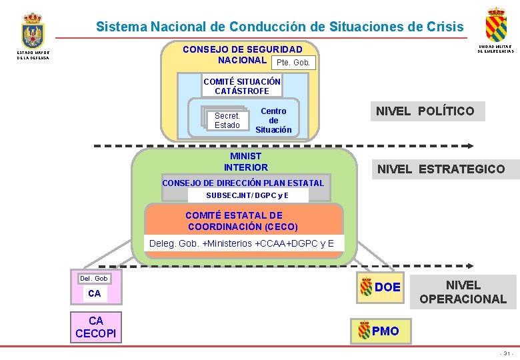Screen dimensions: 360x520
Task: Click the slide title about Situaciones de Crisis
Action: [279, 27]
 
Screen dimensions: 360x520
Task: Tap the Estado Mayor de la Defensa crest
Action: [31, 31]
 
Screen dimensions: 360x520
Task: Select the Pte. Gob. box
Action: [293, 63]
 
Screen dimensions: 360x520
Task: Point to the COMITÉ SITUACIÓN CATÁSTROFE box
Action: [242, 86]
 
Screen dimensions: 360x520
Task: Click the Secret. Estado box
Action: [227, 121]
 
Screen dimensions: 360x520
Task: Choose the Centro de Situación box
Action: [273, 121]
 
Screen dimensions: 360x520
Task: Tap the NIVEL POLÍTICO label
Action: [425, 111]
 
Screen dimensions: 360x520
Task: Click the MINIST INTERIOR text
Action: [246, 162]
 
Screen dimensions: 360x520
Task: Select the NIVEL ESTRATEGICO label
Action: [441, 169]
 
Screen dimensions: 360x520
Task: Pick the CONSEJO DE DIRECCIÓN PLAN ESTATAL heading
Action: [243, 183]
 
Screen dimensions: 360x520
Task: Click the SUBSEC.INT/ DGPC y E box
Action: [248, 195]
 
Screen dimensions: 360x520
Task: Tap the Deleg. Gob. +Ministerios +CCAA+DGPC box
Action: [243, 243]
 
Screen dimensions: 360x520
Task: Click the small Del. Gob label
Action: [93, 278]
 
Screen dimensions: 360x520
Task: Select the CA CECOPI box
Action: [96, 327]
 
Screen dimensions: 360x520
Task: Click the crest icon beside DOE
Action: [366, 287]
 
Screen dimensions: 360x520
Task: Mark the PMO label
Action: [386, 331]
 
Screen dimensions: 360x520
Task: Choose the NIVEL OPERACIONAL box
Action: [463, 292]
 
